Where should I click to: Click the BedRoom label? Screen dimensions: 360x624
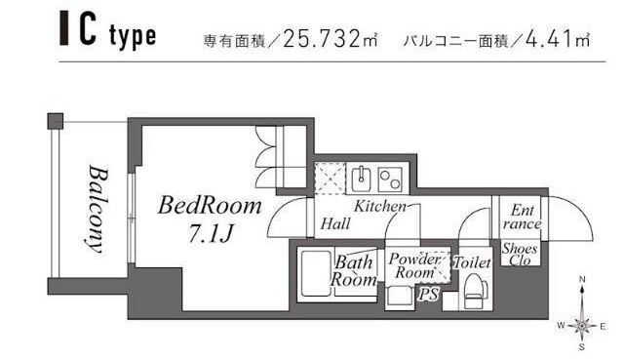pyautogui.click(x=210, y=206)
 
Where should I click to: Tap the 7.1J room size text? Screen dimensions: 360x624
pyautogui.click(x=211, y=233)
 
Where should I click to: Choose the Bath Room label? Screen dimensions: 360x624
pyautogui.click(x=354, y=271)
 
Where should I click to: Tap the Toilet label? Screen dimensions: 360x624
pyautogui.click(x=472, y=262)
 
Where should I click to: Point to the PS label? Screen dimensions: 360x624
pyautogui.click(x=426, y=293)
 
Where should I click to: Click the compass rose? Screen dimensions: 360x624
pyautogui.click(x=582, y=325)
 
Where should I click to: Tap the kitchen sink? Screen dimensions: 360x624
pyautogui.click(x=362, y=179)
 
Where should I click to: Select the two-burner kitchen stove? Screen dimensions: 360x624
pyautogui.click(x=391, y=179)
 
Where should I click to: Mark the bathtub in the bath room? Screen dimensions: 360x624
pyautogui.click(x=314, y=276)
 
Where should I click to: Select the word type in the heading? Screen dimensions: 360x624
pyautogui.click(x=133, y=38)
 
